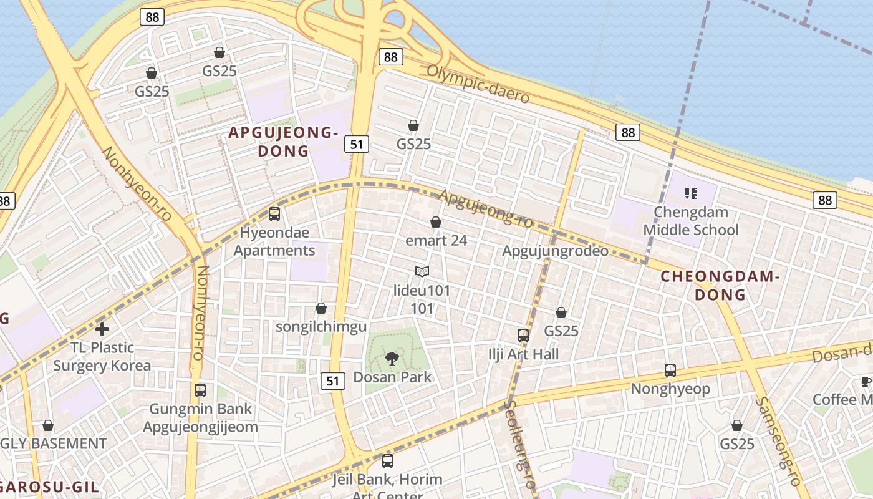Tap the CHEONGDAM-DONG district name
(720, 285)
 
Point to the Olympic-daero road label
(478, 84)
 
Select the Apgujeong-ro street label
(486, 208)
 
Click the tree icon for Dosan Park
(392, 358)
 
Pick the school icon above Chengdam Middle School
(690, 193)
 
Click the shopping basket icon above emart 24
(436, 222)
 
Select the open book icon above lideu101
(422, 272)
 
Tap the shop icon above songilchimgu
(321, 308)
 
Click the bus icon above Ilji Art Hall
(523, 336)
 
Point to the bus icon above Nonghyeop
(670, 371)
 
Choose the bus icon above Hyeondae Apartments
(274, 214)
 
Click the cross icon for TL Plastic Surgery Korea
(102, 329)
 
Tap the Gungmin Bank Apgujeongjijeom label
(200, 418)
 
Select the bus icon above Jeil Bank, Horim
(387, 461)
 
